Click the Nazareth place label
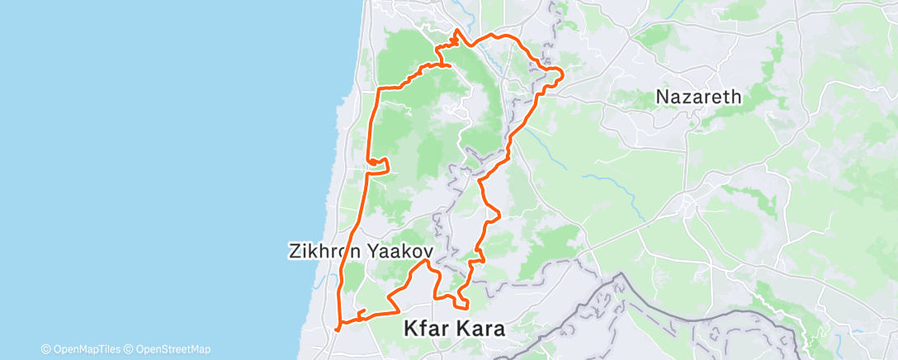click(x=698, y=97)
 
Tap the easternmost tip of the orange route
click(x=562, y=76)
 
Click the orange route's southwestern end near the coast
click(x=337, y=326)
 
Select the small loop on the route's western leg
click(x=377, y=161)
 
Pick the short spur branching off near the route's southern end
click(x=362, y=311)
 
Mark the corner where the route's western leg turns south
click(x=379, y=89)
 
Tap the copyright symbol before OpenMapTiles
click(x=45, y=349)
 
